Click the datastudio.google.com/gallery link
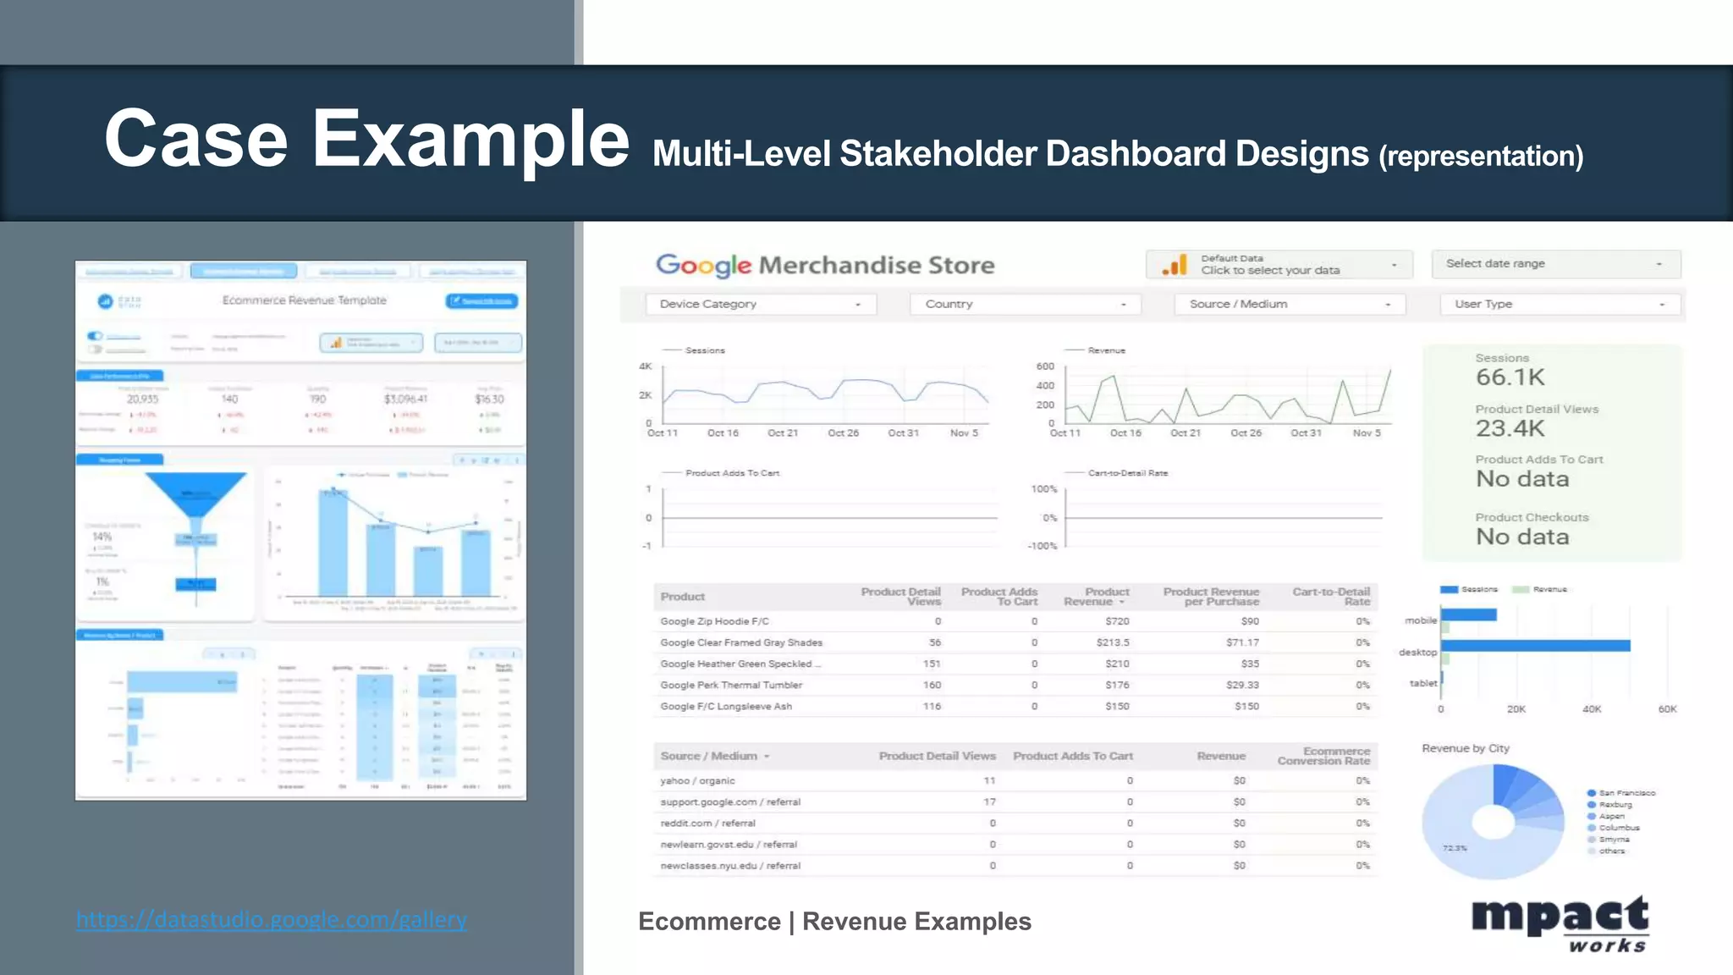click(271, 919)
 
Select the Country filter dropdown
click(1025, 305)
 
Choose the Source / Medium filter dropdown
click(1289, 305)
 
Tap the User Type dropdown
click(1560, 305)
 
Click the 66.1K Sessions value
click(1510, 377)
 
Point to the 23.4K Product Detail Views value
click(1510, 428)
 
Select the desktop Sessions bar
click(1535, 646)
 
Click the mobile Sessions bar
click(1469, 614)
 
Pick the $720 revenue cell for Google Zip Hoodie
click(1117, 621)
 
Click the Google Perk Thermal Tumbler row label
click(731, 685)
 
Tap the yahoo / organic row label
click(697, 780)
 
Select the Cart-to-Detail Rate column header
click(1330, 596)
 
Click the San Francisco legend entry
click(1626, 793)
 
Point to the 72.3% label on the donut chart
click(1455, 847)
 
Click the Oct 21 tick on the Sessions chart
click(783, 433)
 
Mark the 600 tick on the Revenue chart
click(1045, 366)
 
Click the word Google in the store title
click(703, 266)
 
